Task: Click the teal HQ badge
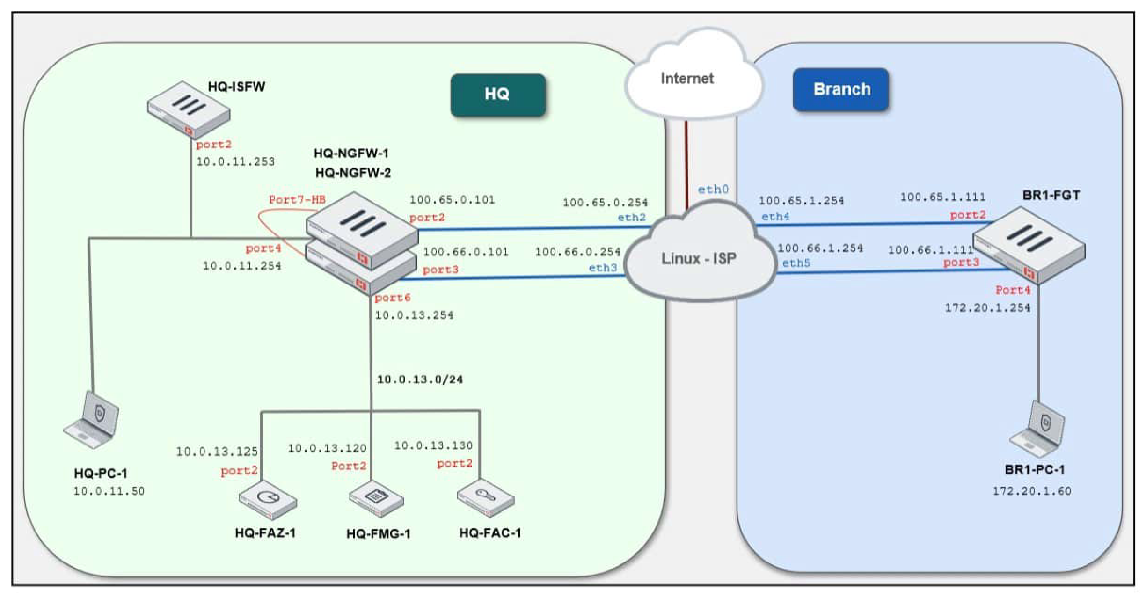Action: [498, 95]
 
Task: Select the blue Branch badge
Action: [841, 89]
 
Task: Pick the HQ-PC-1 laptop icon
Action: [92, 420]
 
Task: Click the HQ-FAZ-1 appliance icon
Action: [268, 500]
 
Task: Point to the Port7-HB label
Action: [297, 200]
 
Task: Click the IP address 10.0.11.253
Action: [235, 162]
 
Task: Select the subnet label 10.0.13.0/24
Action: [420, 379]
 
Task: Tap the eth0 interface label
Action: [713, 190]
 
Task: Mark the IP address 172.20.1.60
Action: [1032, 491]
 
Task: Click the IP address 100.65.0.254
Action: [605, 203]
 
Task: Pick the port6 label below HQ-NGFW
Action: [393, 298]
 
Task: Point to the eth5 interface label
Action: [796, 263]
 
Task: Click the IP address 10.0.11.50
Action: [109, 491]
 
